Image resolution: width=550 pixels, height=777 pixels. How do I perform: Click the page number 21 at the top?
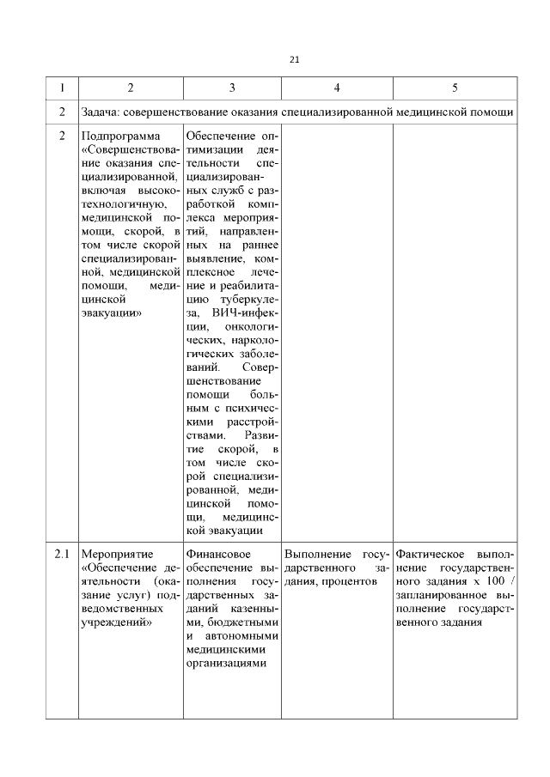(295, 59)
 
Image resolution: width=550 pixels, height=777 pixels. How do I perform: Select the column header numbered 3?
(232, 88)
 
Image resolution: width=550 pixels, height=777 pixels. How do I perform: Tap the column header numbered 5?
(455, 88)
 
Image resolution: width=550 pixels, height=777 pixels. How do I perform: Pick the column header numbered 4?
(337, 88)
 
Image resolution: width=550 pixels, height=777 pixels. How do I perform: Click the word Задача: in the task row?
(104, 112)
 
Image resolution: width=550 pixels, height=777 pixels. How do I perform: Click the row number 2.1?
(62, 555)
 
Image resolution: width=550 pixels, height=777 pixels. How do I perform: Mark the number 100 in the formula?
(493, 582)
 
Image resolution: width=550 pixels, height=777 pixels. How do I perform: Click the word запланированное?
(437, 596)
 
